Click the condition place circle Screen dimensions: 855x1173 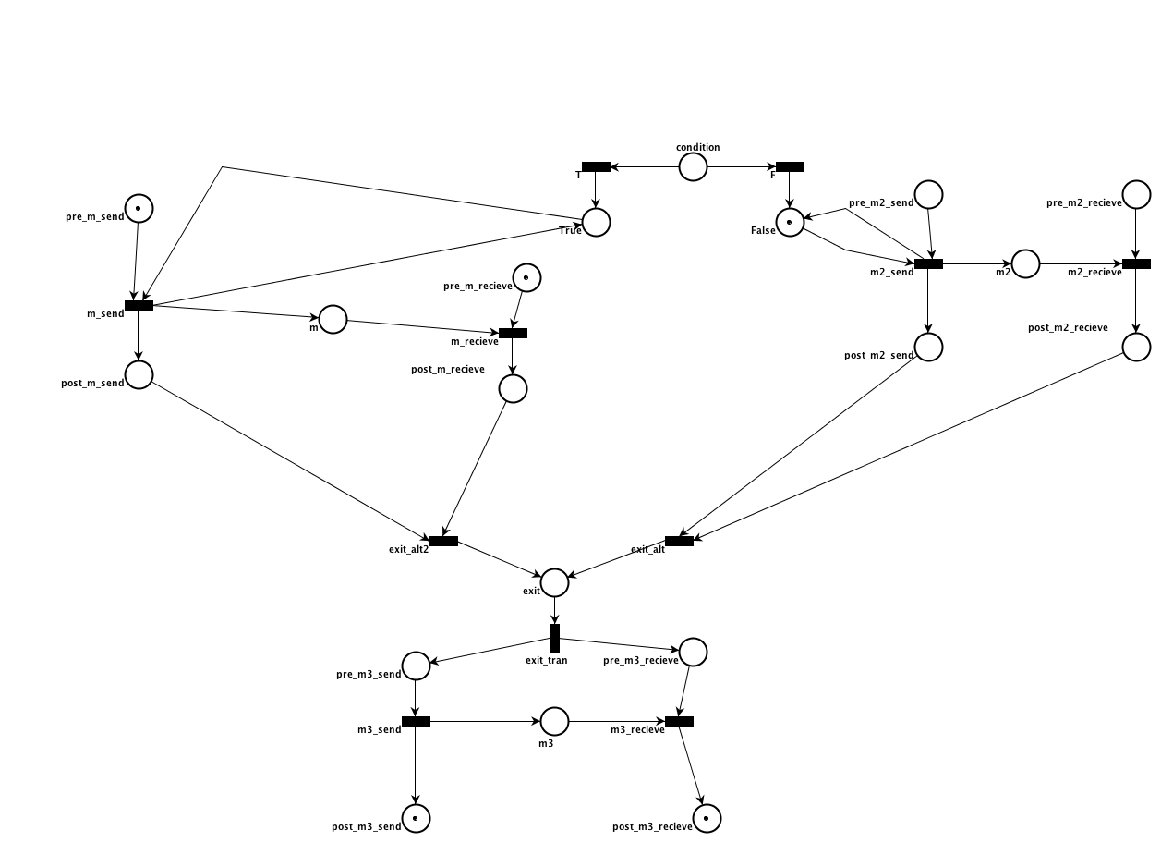pos(693,166)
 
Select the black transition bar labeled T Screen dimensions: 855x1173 pos(596,166)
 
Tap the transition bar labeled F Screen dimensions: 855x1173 pos(790,166)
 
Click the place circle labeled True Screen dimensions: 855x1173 pos(596,222)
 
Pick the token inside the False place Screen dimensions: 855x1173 pos(789,222)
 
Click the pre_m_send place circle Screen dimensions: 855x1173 pos(139,208)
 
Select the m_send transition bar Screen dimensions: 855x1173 pos(139,305)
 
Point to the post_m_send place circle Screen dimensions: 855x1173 pos(139,374)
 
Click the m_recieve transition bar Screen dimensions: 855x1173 pos(513,333)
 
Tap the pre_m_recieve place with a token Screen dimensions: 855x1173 pos(526,277)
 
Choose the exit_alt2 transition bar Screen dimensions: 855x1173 pos(443,541)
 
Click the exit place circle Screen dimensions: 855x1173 pos(554,582)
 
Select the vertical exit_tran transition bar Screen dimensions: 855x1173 pos(554,638)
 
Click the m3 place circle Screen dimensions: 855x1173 pos(554,721)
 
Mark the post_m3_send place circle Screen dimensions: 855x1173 pos(416,818)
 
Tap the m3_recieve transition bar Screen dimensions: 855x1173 pos(679,721)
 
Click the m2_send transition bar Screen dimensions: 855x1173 pos(928,263)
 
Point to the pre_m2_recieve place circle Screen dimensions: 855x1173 pos(1136,194)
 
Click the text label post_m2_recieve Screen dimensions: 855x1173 pos(1068,327)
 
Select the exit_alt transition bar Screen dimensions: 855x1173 pos(679,541)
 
